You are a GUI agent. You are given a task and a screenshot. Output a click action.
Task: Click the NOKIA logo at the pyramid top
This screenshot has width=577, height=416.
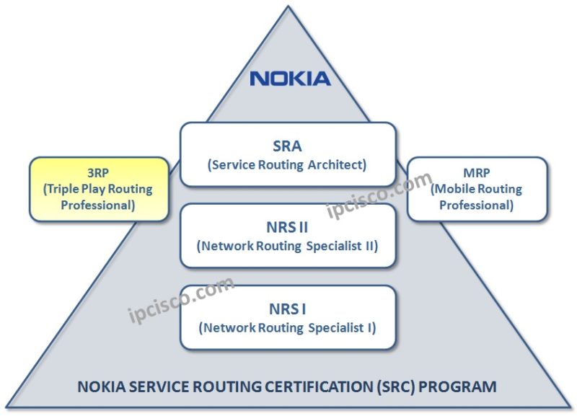point(290,78)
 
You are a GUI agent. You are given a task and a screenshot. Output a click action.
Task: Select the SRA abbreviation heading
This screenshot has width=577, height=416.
point(287,144)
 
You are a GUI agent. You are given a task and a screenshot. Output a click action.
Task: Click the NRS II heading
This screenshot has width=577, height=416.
point(287,226)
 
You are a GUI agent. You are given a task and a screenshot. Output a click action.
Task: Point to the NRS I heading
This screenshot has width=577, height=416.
point(287,309)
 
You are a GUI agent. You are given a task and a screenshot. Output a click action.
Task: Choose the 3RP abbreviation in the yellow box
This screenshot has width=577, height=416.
point(100,173)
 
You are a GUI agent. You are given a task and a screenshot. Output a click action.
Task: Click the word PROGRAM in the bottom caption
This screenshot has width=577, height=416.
point(462,386)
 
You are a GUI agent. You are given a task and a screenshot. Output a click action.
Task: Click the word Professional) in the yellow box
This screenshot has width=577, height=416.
point(100,205)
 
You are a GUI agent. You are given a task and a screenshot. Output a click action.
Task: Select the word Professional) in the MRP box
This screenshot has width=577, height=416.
point(476,205)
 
